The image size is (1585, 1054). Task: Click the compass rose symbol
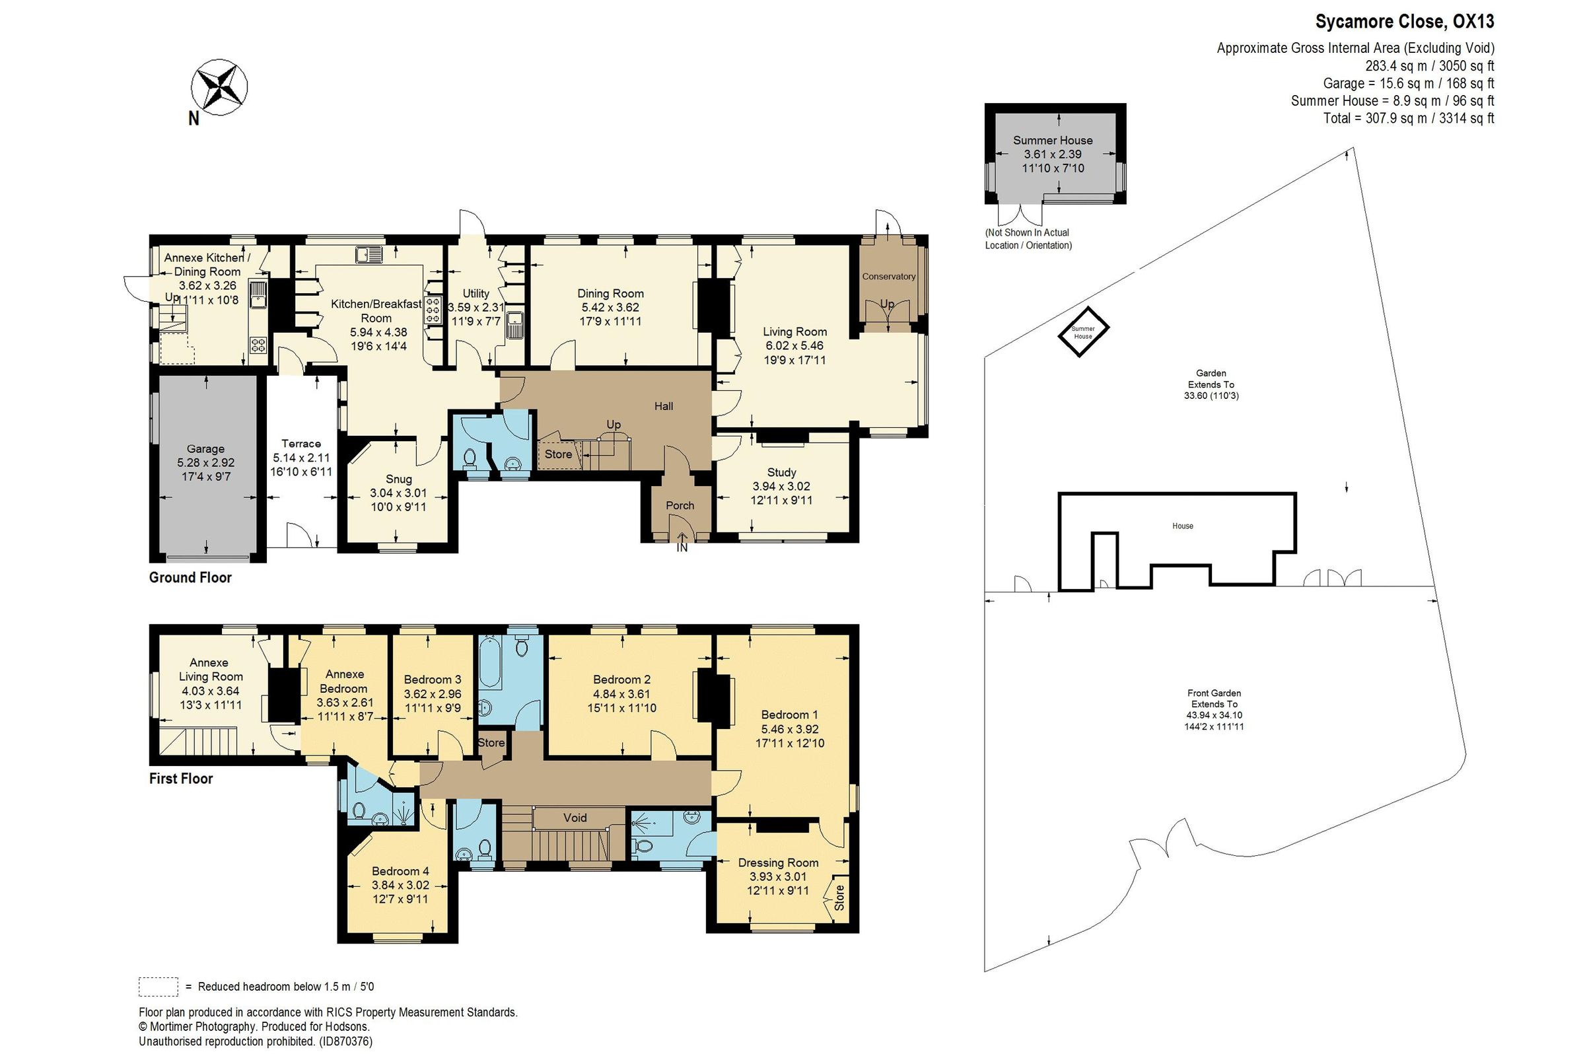[219, 87]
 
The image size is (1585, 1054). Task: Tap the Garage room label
[205, 449]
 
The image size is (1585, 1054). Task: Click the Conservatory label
[889, 276]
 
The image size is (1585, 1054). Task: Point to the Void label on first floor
[575, 818]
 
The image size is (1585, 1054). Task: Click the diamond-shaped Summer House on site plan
[1083, 332]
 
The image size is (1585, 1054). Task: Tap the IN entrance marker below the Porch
[682, 547]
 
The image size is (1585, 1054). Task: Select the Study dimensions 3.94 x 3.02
[781, 486]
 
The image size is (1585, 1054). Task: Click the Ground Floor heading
[190, 577]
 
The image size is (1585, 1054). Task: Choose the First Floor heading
[181, 779]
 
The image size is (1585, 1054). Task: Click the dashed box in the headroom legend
[158, 986]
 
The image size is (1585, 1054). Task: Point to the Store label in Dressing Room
[839, 897]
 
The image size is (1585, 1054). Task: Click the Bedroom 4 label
[400, 870]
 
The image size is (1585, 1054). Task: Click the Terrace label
[300, 444]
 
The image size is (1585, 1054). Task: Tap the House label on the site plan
[1182, 526]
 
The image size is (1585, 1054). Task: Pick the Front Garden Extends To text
[1213, 699]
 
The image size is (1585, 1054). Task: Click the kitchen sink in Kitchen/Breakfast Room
[370, 254]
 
